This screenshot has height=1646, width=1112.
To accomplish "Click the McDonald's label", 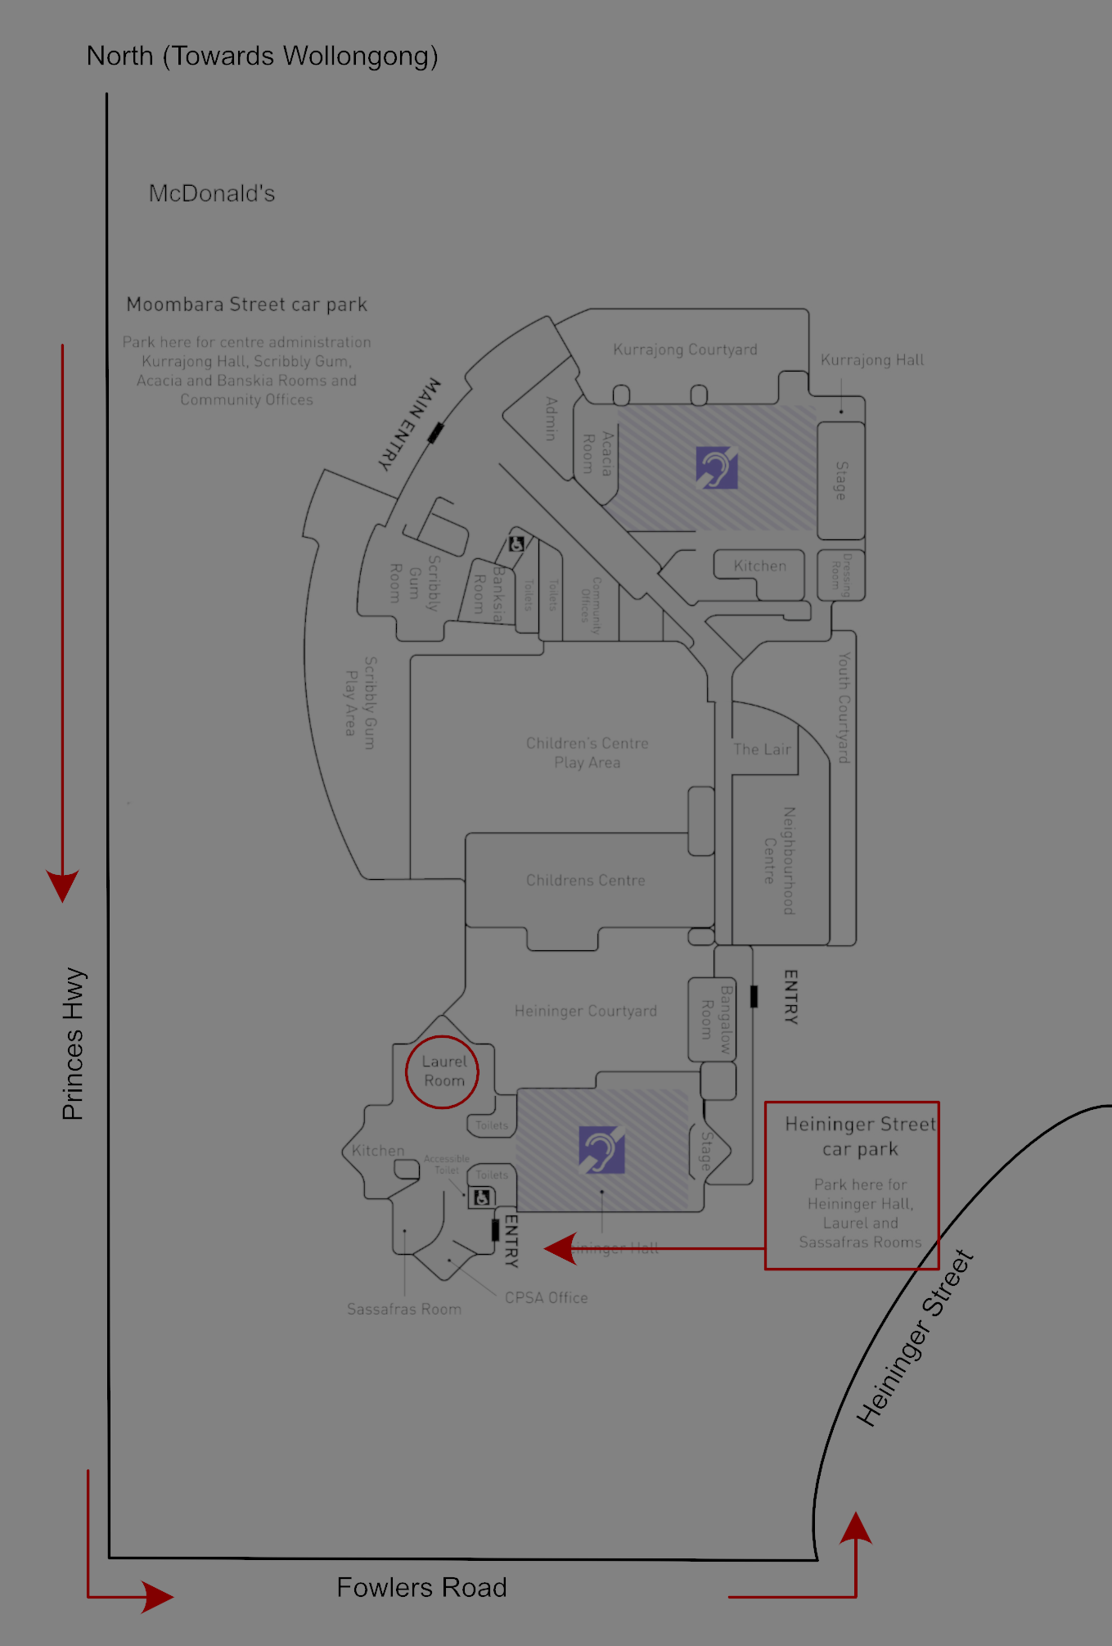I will (211, 194).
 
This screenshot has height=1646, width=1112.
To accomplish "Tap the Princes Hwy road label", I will (74, 1044).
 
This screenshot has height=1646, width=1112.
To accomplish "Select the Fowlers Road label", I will (421, 1588).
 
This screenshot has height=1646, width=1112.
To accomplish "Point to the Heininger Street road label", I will (915, 1339).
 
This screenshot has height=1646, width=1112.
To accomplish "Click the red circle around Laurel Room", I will (442, 1072).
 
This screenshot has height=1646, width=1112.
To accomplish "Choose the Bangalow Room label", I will (715, 1019).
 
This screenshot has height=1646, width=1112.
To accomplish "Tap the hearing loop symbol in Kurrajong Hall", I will (717, 467).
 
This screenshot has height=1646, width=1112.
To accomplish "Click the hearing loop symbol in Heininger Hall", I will (601, 1149).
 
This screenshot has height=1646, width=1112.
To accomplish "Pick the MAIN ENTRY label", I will (410, 423).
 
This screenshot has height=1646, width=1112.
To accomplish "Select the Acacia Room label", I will (597, 453).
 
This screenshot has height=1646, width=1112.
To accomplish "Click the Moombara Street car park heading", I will (246, 304).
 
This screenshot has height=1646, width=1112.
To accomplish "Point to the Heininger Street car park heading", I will (860, 1136).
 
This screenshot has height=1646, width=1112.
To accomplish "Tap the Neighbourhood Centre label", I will (779, 860).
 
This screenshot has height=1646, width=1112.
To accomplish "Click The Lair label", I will (762, 749).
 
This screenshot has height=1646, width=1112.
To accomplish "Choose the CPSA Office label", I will (546, 1297).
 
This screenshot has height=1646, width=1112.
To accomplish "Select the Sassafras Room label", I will (403, 1309).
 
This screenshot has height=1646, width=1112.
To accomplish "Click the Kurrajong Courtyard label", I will (685, 349).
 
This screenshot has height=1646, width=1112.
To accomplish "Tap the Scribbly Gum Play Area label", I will (360, 702).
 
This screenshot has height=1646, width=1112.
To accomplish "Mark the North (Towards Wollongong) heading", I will (262, 56).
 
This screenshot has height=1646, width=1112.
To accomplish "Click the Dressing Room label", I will (841, 575).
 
